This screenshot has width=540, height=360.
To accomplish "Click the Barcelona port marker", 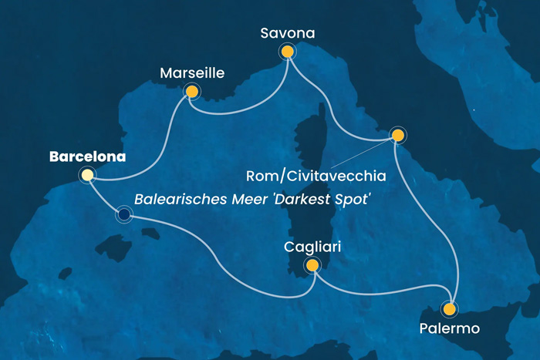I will click(87, 176).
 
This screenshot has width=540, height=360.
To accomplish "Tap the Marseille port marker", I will click(191, 92).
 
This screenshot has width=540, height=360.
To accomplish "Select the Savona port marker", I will click(287, 52).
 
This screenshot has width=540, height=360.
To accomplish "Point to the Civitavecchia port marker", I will click(397, 136).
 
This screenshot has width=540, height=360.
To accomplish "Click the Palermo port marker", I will click(449, 310).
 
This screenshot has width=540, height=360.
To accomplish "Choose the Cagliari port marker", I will click(312, 266).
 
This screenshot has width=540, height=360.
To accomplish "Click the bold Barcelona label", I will click(87, 156).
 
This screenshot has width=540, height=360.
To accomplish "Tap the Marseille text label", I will click(192, 73).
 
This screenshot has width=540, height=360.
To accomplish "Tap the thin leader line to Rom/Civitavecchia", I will click(359, 157).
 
